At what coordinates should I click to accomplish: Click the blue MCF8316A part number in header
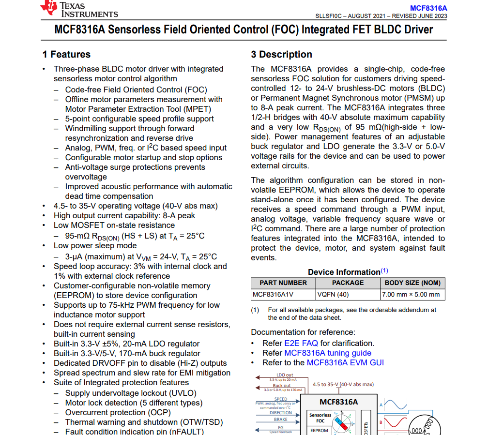pos(428,8)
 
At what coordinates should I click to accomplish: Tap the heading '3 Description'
pos(281,54)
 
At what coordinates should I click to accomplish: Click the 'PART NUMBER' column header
pos(283,283)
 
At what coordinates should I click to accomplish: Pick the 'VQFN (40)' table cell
pos(333,294)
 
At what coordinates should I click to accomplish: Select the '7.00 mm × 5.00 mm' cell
pos(411,294)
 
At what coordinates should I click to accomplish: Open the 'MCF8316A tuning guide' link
pos(328,353)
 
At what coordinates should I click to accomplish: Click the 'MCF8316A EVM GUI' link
pos(345,362)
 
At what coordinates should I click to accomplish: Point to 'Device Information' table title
pos(344,272)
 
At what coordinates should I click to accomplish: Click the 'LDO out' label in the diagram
pos(285,375)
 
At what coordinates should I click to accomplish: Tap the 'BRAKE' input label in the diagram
pos(281,420)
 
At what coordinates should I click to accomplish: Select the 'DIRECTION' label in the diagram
pos(281,413)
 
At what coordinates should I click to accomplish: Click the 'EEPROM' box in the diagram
pos(319,430)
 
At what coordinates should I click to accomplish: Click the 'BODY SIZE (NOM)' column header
pos(412,283)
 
